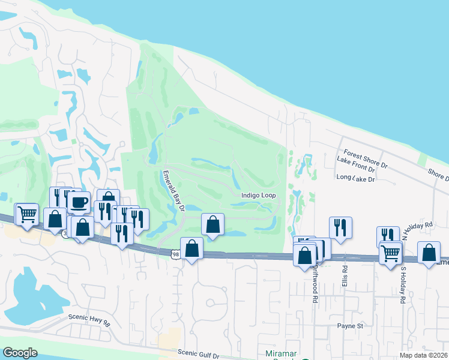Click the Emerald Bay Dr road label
click(x=173, y=191)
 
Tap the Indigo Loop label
click(x=258, y=196)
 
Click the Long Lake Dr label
click(x=355, y=178)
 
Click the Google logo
click(x=20, y=353)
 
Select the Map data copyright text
click(x=423, y=355)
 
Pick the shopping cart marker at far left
click(x=26, y=213)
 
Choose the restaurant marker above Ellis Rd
click(x=340, y=227)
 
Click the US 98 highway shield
click(x=175, y=254)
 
